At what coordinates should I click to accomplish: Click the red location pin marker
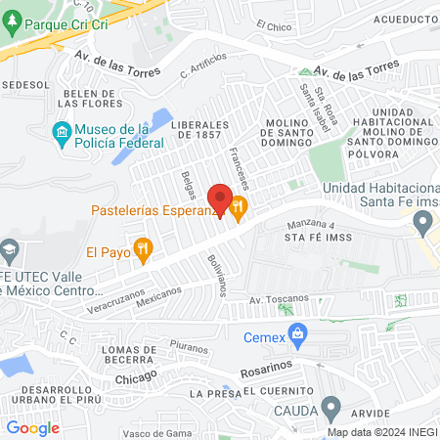point(220,200)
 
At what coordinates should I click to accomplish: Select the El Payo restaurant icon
point(145,250)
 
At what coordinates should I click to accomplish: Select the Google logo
point(32,427)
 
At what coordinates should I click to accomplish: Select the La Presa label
point(209,393)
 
